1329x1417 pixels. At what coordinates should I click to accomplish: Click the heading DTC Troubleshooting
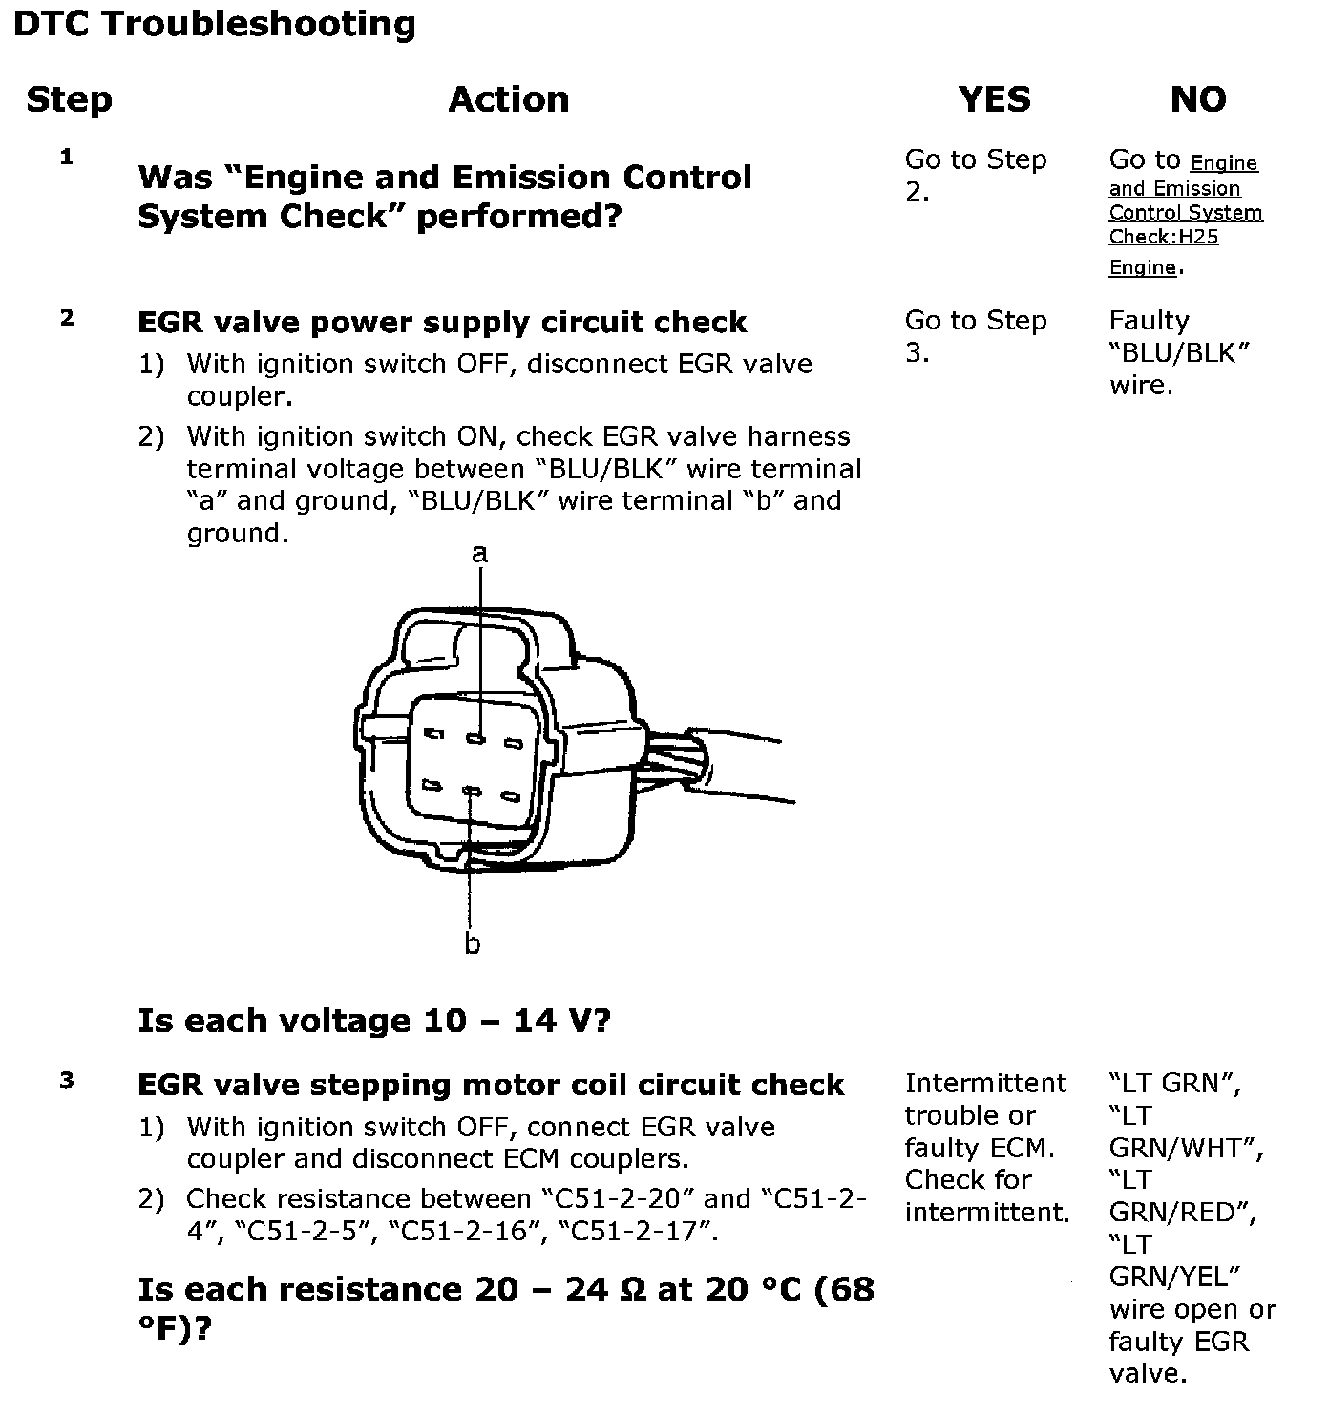[x=215, y=24]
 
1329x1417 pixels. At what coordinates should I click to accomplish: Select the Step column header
[x=69, y=99]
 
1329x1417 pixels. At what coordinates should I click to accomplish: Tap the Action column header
[x=509, y=99]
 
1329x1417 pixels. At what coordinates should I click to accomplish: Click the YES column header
[x=995, y=99]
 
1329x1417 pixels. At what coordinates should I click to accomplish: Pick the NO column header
[x=1198, y=99]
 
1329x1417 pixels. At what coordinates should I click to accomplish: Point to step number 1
[x=67, y=158]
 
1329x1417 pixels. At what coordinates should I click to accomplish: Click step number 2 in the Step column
[x=67, y=319]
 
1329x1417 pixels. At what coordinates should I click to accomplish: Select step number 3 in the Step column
[x=67, y=1082]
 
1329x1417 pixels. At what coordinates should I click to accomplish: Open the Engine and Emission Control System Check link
[x=1185, y=213]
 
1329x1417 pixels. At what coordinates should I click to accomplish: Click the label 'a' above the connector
[x=480, y=553]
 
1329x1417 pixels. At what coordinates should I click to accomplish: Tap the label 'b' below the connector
[x=473, y=944]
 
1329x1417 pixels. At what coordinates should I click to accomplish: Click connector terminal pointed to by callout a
[x=478, y=738]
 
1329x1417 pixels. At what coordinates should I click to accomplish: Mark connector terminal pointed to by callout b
[x=471, y=792]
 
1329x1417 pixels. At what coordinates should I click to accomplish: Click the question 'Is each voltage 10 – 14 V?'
[x=374, y=1021]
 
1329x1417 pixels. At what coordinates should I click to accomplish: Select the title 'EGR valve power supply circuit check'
[x=442, y=322]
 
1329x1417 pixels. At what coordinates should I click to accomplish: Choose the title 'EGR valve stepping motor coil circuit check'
[x=491, y=1085]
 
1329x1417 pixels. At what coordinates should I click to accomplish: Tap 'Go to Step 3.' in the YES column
[x=976, y=336]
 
